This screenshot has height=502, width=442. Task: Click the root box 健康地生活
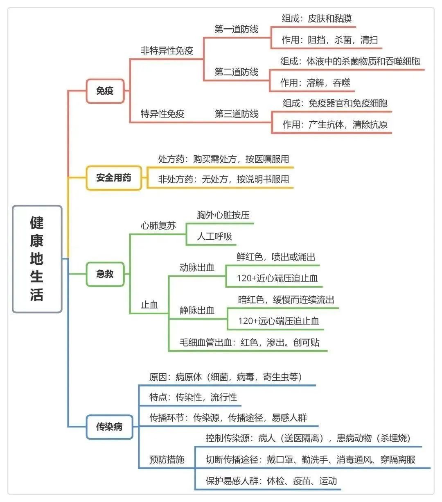[x=37, y=259]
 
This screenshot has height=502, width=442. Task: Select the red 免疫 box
[x=105, y=91]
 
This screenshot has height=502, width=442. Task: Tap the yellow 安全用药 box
[x=114, y=178]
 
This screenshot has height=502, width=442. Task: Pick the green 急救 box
[x=105, y=274]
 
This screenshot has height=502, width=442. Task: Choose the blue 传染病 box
[x=109, y=427]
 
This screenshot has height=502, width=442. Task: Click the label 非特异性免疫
[x=167, y=51]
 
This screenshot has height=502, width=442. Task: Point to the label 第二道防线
[x=237, y=72]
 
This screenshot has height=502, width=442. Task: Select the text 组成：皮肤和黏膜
[x=316, y=19]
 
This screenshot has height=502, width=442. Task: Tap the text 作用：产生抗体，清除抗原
[x=335, y=125]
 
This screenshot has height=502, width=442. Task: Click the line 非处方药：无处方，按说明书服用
[x=223, y=179]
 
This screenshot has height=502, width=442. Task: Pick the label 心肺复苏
[x=158, y=226]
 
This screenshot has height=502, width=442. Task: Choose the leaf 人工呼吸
[x=214, y=236]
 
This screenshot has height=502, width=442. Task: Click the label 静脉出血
[x=197, y=311]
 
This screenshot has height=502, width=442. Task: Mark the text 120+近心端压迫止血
[x=277, y=278]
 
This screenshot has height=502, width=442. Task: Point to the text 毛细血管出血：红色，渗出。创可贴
[x=250, y=342]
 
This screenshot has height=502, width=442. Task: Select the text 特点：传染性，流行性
[x=193, y=397]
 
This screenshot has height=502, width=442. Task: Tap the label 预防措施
[x=167, y=459]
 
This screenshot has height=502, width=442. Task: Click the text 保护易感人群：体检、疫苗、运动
[x=271, y=481]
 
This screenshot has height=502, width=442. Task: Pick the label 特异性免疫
[x=162, y=114]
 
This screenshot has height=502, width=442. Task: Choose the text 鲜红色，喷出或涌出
[x=276, y=257]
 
